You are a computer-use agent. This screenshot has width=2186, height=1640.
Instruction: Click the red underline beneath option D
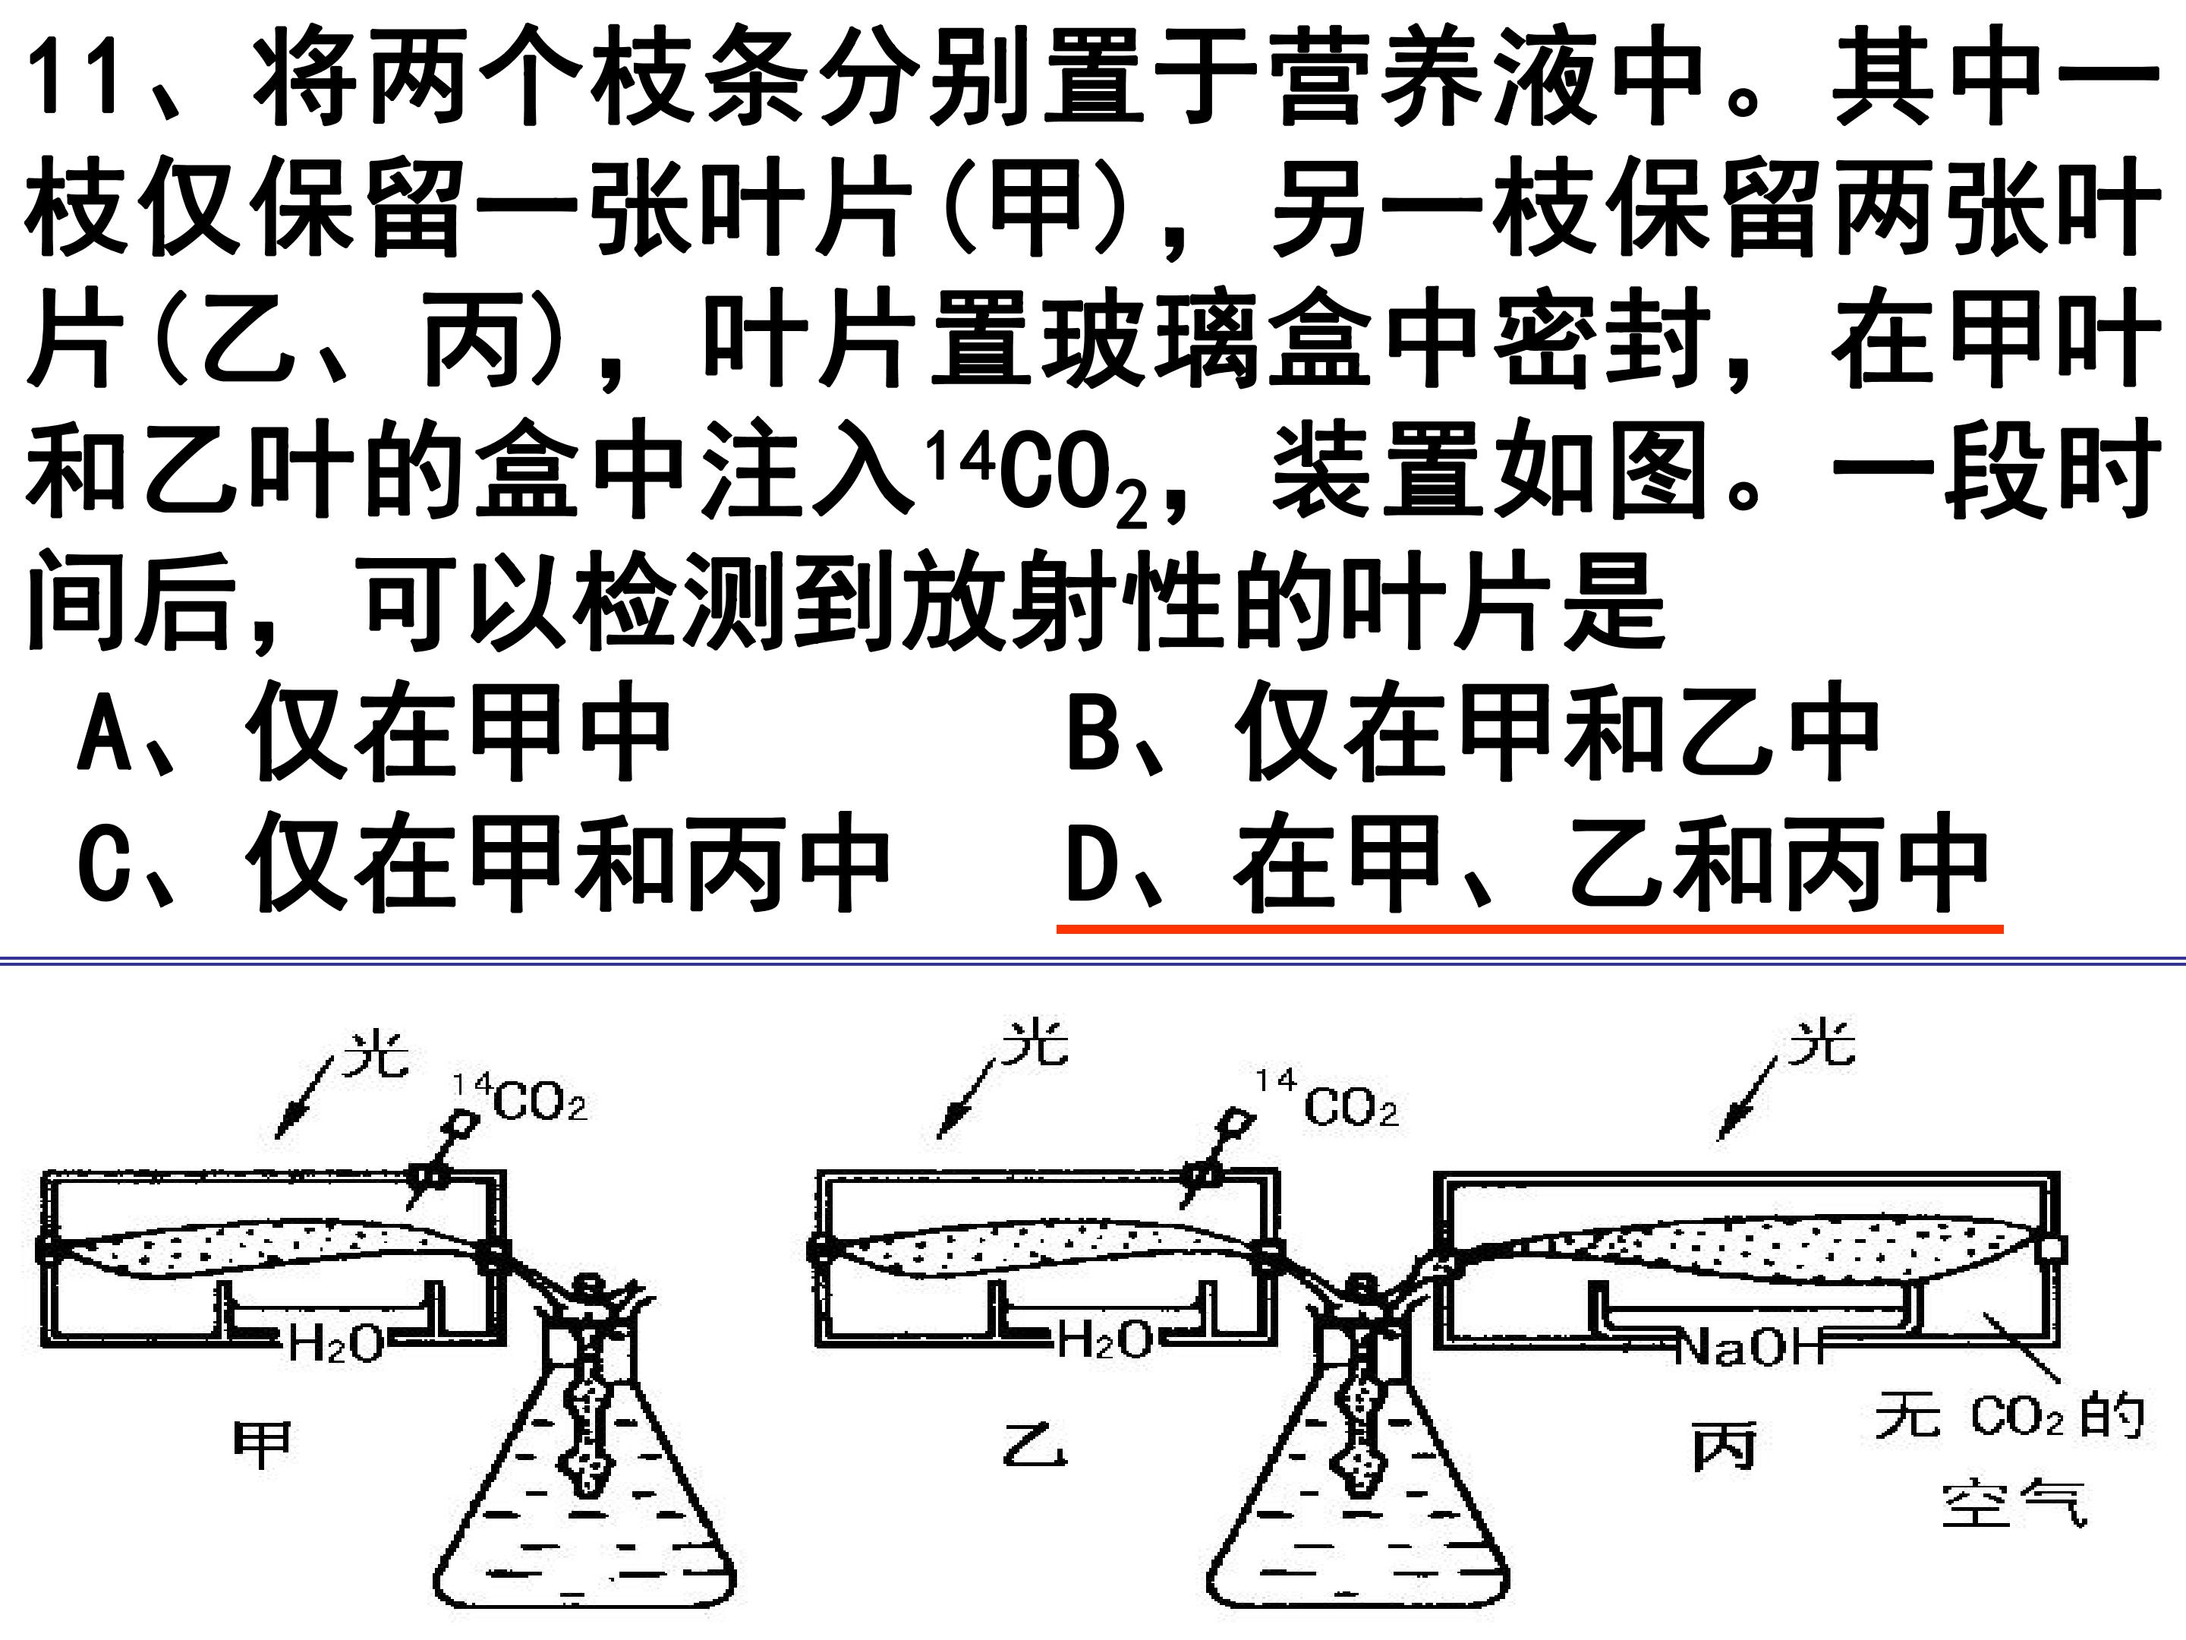[x=1529, y=929]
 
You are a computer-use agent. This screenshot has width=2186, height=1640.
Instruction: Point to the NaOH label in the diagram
[x=1750, y=1346]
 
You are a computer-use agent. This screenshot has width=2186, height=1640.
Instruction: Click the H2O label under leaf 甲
[x=336, y=1342]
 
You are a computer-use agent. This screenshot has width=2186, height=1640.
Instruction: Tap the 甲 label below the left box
[x=262, y=1446]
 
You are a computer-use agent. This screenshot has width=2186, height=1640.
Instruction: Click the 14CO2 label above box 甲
[x=520, y=1099]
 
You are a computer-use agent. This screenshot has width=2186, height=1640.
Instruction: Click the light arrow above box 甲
[x=307, y=1096]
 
